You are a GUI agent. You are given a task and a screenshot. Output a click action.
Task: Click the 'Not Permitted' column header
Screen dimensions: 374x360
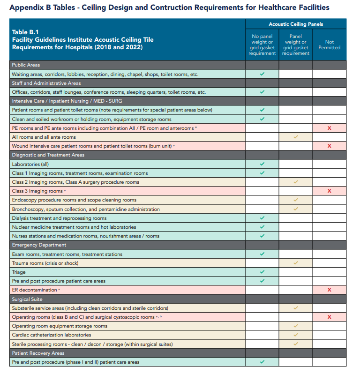pyautogui.click(x=329, y=45)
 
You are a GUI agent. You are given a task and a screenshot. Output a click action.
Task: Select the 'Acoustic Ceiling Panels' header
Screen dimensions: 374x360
pyautogui.click(x=296, y=24)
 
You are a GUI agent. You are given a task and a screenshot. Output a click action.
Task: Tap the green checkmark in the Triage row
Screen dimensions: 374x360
pyautogui.click(x=262, y=272)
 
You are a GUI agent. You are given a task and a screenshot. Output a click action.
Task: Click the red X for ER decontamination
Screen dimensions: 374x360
pyautogui.click(x=329, y=290)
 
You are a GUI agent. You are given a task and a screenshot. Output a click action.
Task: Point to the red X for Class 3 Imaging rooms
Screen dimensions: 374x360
pyautogui.click(x=329, y=191)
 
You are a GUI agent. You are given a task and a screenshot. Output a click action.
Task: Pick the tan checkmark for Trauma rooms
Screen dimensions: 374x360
pyautogui.click(x=295, y=263)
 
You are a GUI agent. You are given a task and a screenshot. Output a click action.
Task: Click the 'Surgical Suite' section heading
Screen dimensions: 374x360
pyautogui.click(x=27, y=299)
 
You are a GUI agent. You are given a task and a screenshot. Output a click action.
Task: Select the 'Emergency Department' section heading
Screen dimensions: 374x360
pyautogui.click(x=39, y=245)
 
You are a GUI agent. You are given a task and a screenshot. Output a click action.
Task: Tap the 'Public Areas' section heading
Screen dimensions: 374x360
pyautogui.click(x=26, y=65)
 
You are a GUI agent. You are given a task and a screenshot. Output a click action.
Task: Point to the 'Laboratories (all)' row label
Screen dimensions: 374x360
pyautogui.click(x=30, y=164)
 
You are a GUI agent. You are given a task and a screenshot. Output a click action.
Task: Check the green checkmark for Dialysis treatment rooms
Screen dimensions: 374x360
pyautogui.click(x=262, y=218)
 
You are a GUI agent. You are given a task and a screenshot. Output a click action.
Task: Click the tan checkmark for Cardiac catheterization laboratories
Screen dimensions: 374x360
pyautogui.click(x=295, y=335)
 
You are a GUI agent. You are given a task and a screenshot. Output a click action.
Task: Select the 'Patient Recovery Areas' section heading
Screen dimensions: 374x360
pyautogui.click(x=38, y=353)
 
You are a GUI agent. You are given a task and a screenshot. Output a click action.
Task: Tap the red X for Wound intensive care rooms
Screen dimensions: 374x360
pyautogui.click(x=329, y=146)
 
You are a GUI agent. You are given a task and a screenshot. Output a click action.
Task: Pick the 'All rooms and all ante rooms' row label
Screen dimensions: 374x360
pyautogui.click(x=44, y=137)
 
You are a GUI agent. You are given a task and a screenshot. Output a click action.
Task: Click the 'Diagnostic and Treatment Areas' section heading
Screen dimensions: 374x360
pyautogui.click(x=48, y=155)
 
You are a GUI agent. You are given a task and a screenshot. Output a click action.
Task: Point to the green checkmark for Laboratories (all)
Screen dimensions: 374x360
pyautogui.click(x=262, y=164)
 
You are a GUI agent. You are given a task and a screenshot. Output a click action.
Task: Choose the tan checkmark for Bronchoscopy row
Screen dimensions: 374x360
pyautogui.click(x=295, y=209)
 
